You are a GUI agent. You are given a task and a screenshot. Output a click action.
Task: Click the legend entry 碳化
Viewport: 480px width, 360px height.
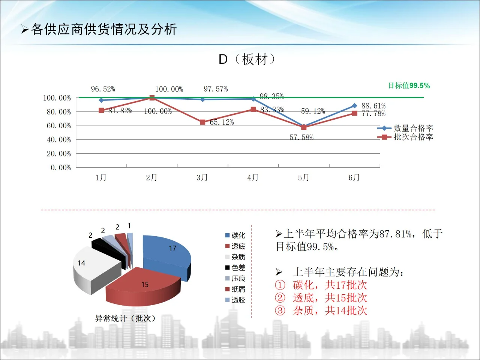click(x=235, y=235)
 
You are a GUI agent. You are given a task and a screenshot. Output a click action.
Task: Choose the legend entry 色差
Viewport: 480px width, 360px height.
click(x=235, y=268)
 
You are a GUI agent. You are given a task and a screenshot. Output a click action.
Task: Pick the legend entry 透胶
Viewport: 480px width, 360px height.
click(x=235, y=300)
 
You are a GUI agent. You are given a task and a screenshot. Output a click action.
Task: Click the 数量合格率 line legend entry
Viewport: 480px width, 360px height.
click(x=405, y=128)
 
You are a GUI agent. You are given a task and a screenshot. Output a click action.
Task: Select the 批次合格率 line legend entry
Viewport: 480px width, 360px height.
click(x=405, y=137)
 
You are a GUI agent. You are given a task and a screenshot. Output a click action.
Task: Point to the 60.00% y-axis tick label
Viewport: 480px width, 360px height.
click(x=58, y=126)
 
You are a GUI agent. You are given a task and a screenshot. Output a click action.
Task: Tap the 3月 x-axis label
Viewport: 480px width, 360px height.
click(x=202, y=177)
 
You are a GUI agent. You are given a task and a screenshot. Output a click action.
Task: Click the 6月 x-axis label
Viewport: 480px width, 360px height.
click(x=354, y=177)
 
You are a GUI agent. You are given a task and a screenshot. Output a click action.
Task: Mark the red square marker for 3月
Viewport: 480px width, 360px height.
click(x=202, y=122)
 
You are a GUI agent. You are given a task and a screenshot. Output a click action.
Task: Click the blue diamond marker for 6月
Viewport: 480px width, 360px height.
click(x=354, y=106)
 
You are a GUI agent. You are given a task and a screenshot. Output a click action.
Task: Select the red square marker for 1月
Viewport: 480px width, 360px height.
click(x=101, y=110)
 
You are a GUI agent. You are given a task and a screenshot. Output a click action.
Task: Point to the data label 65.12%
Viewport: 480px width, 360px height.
click(x=222, y=122)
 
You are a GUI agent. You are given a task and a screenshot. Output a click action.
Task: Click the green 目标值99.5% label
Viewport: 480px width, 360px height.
click(x=409, y=85)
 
